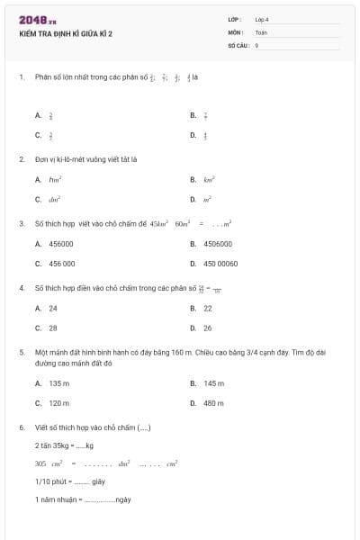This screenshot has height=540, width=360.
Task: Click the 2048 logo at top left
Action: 37,19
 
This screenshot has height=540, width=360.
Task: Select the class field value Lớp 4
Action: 262,19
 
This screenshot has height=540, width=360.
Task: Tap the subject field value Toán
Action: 261,31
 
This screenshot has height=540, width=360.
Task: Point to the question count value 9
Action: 256,44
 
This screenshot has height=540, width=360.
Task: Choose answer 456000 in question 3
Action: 61,244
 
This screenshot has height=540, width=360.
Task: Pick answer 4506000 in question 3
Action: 217,244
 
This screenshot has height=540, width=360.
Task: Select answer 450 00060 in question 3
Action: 220,264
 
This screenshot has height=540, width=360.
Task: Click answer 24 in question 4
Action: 53,308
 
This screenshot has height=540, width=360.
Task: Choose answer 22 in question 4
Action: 208,308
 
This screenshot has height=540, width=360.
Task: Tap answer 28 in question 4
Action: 53,328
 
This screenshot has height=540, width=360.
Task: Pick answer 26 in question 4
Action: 208,328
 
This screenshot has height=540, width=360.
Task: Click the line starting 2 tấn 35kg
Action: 64,445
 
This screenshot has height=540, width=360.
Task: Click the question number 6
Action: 21,427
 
